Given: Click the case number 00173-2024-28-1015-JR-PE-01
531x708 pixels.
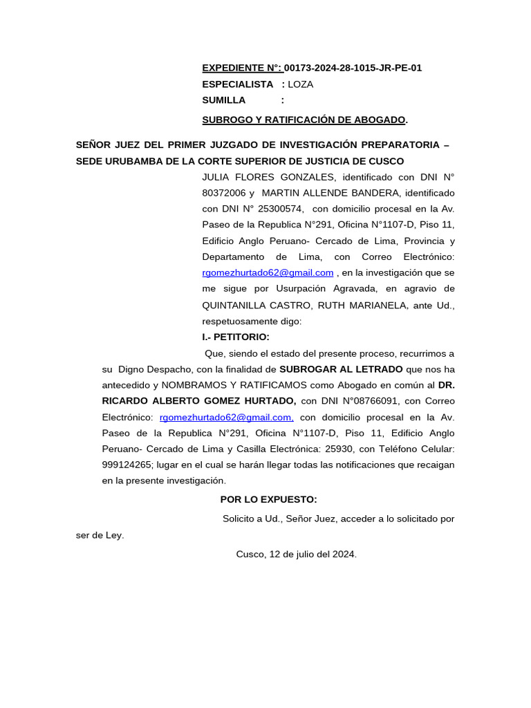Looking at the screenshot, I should click(353, 68).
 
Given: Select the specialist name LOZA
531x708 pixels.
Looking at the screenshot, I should click(300, 84).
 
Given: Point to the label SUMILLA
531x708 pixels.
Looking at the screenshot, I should click(223, 100).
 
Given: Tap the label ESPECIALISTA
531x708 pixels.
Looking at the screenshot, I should click(237, 84).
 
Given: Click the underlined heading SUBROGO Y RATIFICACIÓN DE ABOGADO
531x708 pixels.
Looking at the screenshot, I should click(303, 120).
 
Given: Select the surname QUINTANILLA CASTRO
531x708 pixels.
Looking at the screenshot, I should click(254, 305).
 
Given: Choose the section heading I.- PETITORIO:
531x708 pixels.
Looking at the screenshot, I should click(236, 337).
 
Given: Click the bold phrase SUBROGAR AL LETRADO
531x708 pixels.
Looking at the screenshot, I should click(341, 369).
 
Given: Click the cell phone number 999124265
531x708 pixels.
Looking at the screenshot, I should click(127, 465).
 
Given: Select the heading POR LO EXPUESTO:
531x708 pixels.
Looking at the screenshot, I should click(268, 499).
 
